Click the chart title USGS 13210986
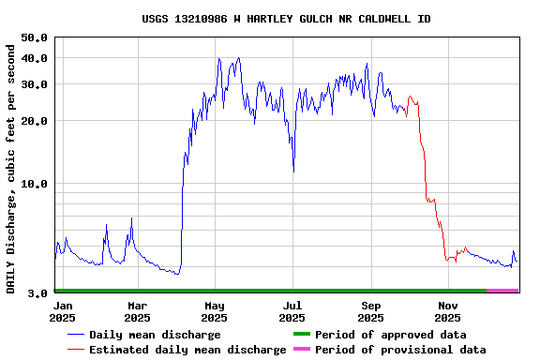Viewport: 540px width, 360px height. click(x=286, y=19)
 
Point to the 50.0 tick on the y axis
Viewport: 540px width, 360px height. click(x=35, y=37)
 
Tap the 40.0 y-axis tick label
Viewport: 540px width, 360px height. click(x=35, y=58)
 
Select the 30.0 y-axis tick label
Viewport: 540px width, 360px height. click(x=35, y=84)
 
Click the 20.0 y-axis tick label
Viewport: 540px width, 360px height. click(x=35, y=121)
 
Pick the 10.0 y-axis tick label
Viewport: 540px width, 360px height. click(x=35, y=184)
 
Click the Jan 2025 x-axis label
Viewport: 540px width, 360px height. click(x=63, y=311)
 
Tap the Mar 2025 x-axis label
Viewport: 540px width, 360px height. click(x=137, y=311)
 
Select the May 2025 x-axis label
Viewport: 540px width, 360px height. click(x=215, y=311)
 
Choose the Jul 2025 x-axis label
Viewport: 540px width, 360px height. click(x=292, y=311)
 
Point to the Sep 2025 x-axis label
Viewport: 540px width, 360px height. click(x=371, y=311)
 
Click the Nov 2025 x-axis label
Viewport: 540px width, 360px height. click(x=448, y=311)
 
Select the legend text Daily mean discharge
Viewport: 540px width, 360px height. click(x=155, y=335)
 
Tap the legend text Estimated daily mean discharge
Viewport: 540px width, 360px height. click(x=187, y=350)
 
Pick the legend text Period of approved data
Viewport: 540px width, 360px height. click(x=390, y=335)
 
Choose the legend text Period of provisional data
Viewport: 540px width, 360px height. click(x=400, y=350)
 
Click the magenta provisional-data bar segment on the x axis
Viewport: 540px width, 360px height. click(x=502, y=291)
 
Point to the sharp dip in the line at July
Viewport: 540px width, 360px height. click(x=293, y=171)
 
